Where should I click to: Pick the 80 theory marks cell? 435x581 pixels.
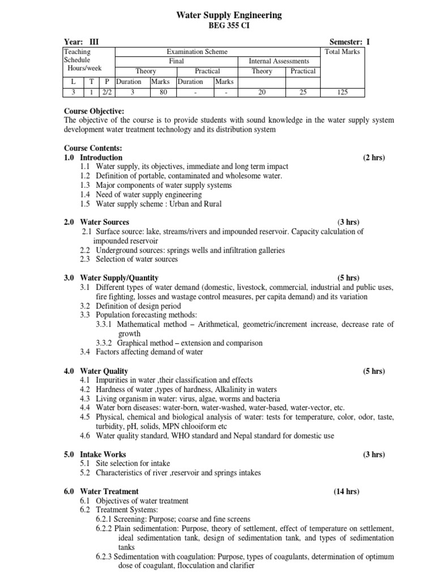coord(163,92)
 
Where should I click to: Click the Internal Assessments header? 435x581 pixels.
coord(279,61)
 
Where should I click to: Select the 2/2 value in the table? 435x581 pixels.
coord(108,92)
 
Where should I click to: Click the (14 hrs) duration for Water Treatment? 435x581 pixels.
coord(346,491)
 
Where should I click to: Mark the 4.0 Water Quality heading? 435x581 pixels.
coord(96,371)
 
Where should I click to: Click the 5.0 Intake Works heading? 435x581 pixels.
coord(95,454)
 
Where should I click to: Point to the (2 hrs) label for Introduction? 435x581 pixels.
coord(374,157)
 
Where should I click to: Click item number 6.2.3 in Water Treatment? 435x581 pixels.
coord(105,557)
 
